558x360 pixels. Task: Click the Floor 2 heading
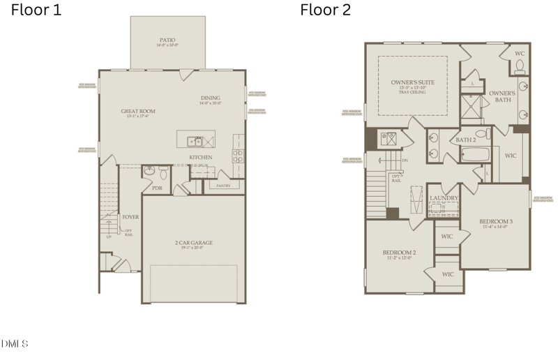326,10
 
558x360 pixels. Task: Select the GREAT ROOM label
138,112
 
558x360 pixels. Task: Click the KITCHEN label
201,158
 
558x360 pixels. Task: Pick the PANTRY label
224,186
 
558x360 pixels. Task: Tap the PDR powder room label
157,188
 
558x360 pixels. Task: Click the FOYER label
130,217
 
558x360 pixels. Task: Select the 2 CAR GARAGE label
193,243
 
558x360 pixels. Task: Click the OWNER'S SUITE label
412,82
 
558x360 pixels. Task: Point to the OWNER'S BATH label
502,96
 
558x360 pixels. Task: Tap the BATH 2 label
465,140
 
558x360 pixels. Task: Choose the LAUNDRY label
444,198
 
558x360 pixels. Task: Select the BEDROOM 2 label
399,253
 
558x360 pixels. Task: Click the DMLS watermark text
15,343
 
